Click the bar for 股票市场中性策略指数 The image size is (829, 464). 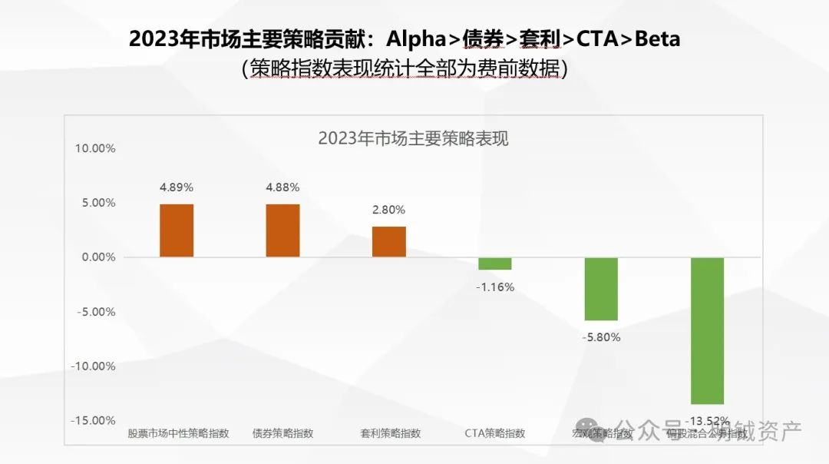coord(177,230)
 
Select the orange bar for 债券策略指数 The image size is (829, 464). coord(282,230)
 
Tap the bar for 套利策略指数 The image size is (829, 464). coord(389,242)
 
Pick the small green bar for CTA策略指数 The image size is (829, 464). coord(495,263)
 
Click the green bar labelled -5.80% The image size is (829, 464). coord(601,289)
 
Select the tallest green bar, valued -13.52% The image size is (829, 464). coord(707,330)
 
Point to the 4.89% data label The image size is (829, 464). coord(177,187)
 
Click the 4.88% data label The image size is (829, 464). coord(282,187)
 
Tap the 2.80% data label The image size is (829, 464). coord(389,210)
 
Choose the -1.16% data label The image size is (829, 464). coord(495,287)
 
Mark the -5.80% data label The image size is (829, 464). coord(601,337)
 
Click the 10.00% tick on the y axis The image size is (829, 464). coord(94,148)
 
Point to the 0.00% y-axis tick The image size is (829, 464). coord(97,257)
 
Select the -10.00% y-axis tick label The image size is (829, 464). coord(93,366)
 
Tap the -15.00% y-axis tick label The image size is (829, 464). coord(93,420)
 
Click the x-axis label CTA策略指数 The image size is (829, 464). coord(495,433)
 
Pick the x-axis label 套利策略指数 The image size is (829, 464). coord(390,433)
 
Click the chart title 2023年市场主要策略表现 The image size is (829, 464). coord(413,139)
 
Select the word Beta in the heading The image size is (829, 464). coord(657,38)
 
